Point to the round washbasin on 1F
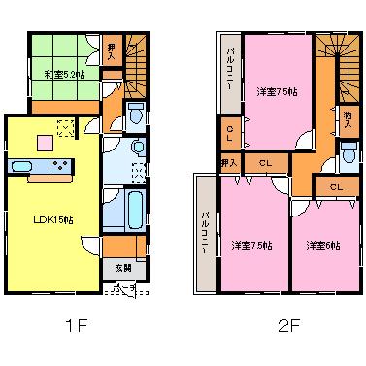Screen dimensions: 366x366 coord(137,148)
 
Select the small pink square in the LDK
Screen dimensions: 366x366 coord(45,143)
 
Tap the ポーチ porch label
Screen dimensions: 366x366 coord(125,289)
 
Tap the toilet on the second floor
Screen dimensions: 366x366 coord(349,153)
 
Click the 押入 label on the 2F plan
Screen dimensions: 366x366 coord(229,162)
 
